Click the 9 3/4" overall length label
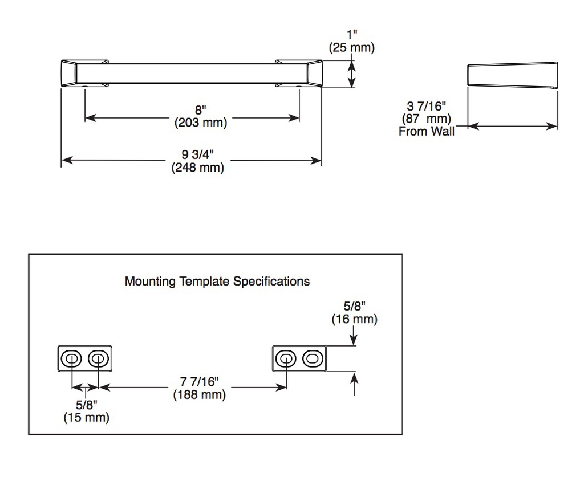[x=197, y=154]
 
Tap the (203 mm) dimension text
[x=201, y=123]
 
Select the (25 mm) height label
[x=351, y=47]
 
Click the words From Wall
[x=427, y=131]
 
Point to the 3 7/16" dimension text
[x=426, y=106]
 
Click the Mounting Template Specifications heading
[x=217, y=281]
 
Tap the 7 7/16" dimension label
[x=199, y=382]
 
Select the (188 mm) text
[x=200, y=394]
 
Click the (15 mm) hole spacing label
[x=87, y=417]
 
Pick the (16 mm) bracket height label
[x=355, y=319]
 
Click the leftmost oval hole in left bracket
[x=71, y=359]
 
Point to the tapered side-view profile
[x=513, y=75]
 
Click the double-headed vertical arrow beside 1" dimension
[x=352, y=74]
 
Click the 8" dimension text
[x=200, y=110]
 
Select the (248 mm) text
[x=198, y=167]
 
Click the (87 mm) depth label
[x=427, y=119]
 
